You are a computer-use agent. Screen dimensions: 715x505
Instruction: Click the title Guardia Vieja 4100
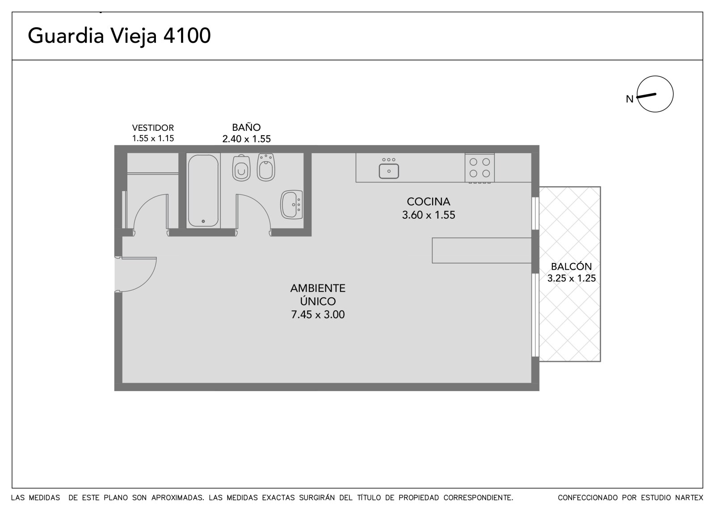tap(119, 36)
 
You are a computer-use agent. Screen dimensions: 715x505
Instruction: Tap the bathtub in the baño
tap(203, 191)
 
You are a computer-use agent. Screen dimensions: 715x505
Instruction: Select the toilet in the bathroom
tap(241, 168)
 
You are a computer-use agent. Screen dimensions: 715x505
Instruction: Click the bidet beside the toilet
tap(266, 167)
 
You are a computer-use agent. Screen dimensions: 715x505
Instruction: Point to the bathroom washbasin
tap(291, 205)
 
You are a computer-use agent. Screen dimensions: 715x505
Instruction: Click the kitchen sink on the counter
tap(389, 168)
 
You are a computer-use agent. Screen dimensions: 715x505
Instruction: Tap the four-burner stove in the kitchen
tap(479, 168)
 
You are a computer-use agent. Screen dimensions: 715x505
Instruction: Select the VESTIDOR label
tap(153, 128)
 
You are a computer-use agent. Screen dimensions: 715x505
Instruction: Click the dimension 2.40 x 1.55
tap(246, 139)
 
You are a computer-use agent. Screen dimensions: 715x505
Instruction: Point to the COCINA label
tap(429, 202)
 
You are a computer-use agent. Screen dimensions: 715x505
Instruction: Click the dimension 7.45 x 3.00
tap(318, 314)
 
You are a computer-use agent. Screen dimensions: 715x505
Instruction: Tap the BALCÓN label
tap(572, 267)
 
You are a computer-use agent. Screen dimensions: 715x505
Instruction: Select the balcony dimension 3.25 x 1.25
tap(572, 278)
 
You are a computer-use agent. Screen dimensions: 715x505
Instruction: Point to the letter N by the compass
tap(630, 99)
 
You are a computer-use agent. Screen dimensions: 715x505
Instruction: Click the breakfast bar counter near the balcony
tap(482, 250)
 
